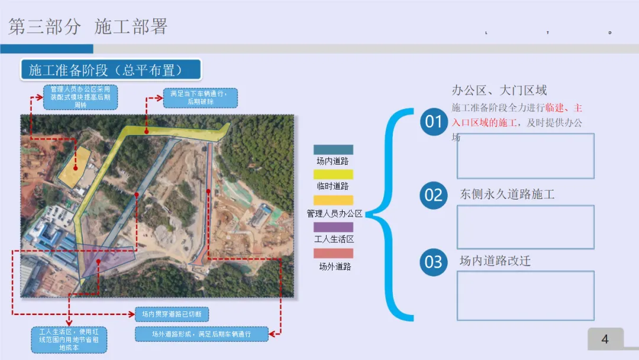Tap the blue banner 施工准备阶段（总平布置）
point(111,69)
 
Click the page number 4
point(605,339)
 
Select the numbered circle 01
point(434,122)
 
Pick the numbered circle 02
point(434,195)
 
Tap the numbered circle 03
point(434,262)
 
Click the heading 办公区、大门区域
point(499,91)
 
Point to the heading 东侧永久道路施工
point(507,194)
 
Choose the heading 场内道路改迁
point(495,261)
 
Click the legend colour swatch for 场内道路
point(333,150)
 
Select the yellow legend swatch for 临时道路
point(333,175)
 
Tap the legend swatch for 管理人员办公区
point(333,201)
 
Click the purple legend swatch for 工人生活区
point(333,227)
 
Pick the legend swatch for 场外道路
point(333,253)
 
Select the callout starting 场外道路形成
point(201,334)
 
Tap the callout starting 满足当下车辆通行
point(200,98)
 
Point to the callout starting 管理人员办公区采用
point(80,97)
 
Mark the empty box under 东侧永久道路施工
point(525,227)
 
